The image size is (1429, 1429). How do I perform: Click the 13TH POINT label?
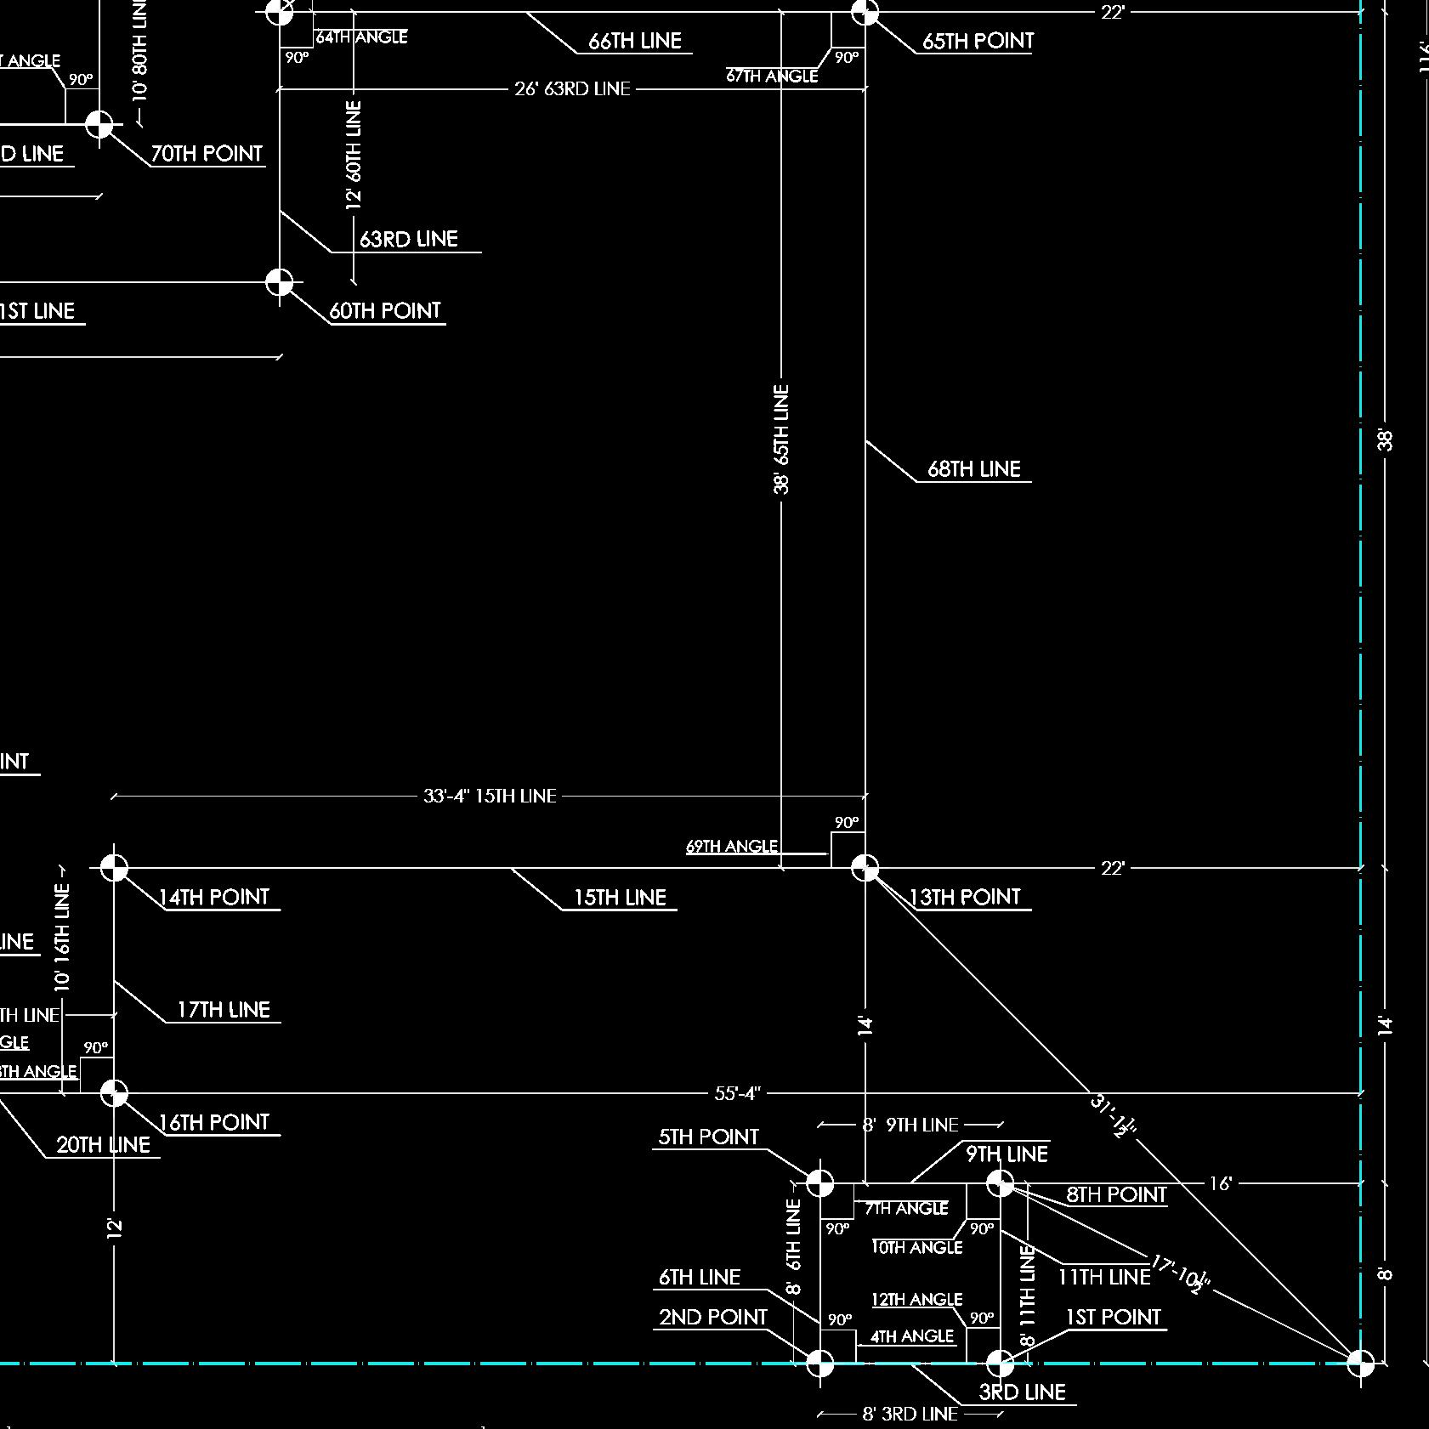coord(965,897)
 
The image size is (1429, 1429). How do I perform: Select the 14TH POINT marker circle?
coord(114,868)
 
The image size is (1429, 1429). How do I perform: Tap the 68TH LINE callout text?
coord(973,469)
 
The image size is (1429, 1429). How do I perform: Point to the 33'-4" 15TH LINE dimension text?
coord(490,796)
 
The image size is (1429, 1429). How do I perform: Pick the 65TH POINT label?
coord(978,41)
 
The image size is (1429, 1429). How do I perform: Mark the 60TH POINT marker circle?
coord(280,281)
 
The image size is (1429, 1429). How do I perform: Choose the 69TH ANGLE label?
coord(731,846)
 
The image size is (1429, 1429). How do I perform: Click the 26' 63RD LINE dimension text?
coord(572,88)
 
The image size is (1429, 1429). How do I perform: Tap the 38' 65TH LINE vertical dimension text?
coord(782,439)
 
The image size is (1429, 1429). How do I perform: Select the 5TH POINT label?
coord(708,1137)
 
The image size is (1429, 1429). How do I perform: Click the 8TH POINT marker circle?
coord(1001,1182)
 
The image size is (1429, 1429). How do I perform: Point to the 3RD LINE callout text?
coord(1022,1392)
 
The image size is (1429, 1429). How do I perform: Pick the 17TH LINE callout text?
coord(223,1010)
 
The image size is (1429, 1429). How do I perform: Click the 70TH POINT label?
coord(207,154)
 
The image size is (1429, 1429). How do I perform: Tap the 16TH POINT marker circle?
coord(114,1093)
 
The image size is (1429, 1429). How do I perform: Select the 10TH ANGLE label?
coord(917,1247)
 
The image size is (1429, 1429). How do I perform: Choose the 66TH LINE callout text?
coord(635,41)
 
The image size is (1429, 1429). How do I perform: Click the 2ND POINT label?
coord(712,1317)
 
